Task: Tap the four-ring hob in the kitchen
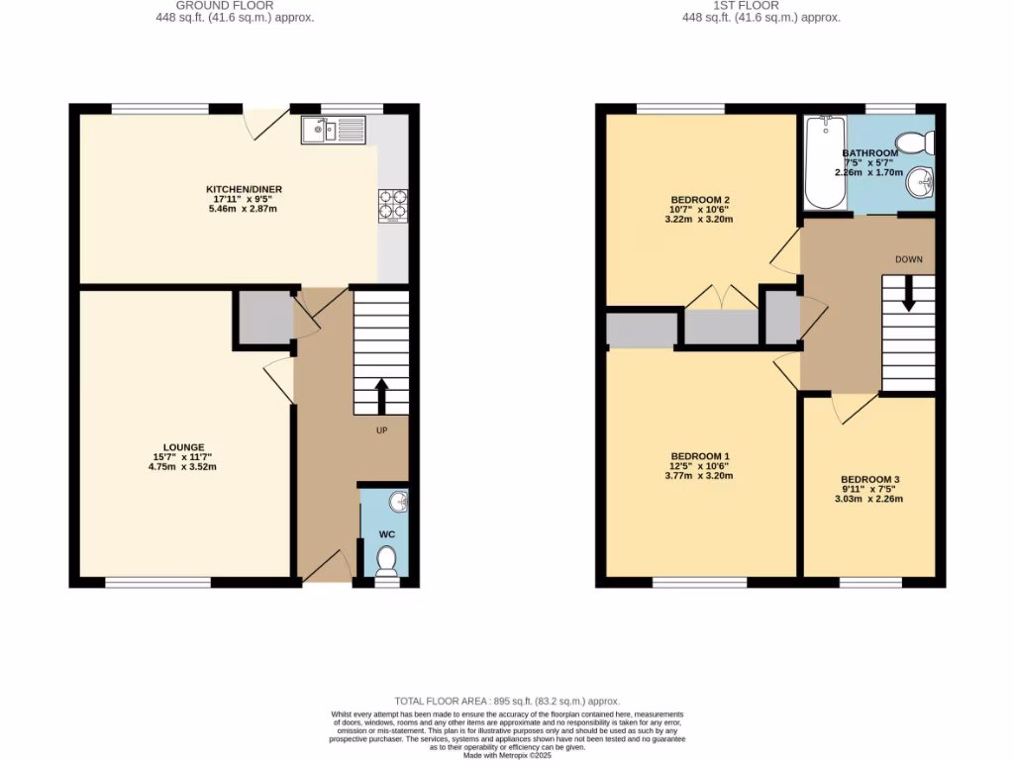[x=392, y=204]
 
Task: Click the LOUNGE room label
[x=177, y=446]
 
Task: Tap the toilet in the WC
[x=386, y=561]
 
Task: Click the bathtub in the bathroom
[x=824, y=162]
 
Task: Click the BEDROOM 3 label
[x=868, y=478]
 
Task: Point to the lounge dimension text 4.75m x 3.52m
[x=177, y=466]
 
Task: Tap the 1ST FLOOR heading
[x=759, y=5]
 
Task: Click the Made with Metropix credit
[x=506, y=755]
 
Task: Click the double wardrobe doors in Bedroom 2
[x=721, y=297]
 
